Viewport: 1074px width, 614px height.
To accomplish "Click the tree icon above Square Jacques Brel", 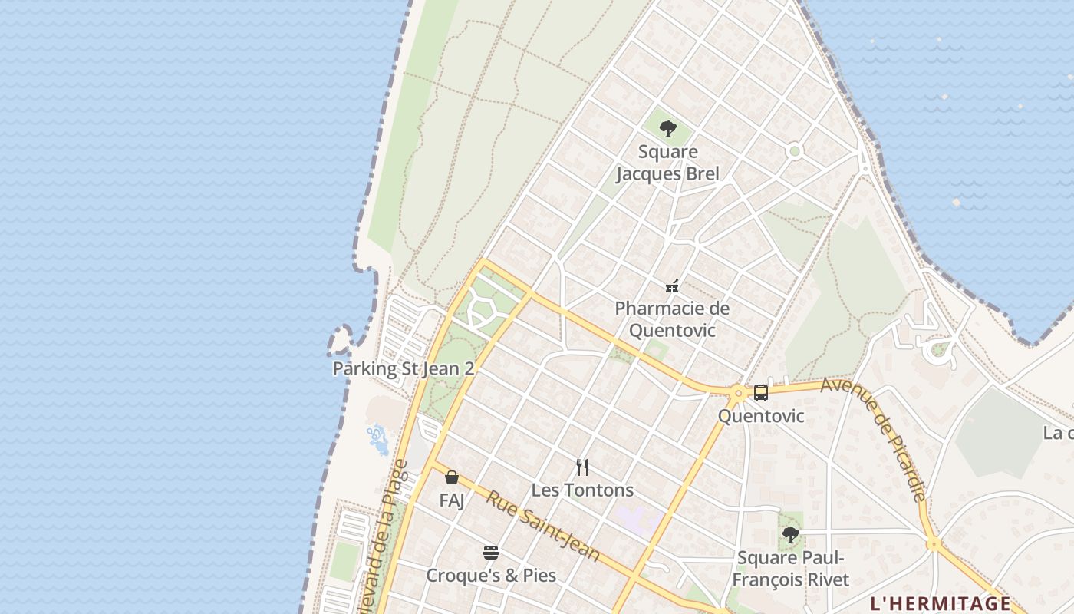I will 668,129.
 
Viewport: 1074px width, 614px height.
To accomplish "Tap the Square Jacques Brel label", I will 668,163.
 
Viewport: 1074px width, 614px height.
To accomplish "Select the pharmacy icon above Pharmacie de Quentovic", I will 672,286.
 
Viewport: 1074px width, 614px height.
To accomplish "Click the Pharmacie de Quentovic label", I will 672,319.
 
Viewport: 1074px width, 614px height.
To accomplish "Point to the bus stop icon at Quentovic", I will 760,393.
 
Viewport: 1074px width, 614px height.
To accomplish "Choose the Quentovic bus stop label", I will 761,416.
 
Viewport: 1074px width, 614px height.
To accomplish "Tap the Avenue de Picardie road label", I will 874,438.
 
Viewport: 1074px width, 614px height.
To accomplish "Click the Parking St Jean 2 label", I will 404,368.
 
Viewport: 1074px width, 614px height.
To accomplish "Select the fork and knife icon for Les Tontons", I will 582,467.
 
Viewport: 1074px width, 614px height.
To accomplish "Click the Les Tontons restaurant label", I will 582,490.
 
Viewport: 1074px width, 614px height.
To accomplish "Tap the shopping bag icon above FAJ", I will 452,477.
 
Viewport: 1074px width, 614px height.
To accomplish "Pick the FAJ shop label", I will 452,500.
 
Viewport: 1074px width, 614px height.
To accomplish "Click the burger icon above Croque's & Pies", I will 491,553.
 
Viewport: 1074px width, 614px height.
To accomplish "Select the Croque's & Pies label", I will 491,575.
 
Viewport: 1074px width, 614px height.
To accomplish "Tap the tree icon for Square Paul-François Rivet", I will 790,535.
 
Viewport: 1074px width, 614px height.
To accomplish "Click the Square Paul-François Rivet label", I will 790,568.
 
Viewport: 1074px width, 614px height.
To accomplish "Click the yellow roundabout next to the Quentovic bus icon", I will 738,394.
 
